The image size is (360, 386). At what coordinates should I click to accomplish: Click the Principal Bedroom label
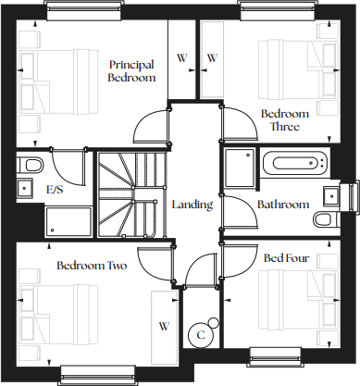coord(130,71)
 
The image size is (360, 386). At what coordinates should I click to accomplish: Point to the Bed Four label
coord(286,258)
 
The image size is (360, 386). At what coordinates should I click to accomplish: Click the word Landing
coord(192,205)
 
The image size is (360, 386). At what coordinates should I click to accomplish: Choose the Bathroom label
coord(282,205)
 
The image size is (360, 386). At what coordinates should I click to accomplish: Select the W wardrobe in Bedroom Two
coord(165,326)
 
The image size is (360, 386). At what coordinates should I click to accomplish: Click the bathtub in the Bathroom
coord(295,166)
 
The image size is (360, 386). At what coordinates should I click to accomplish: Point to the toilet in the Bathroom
coord(323,219)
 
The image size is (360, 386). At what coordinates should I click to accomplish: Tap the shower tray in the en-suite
coord(68,222)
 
